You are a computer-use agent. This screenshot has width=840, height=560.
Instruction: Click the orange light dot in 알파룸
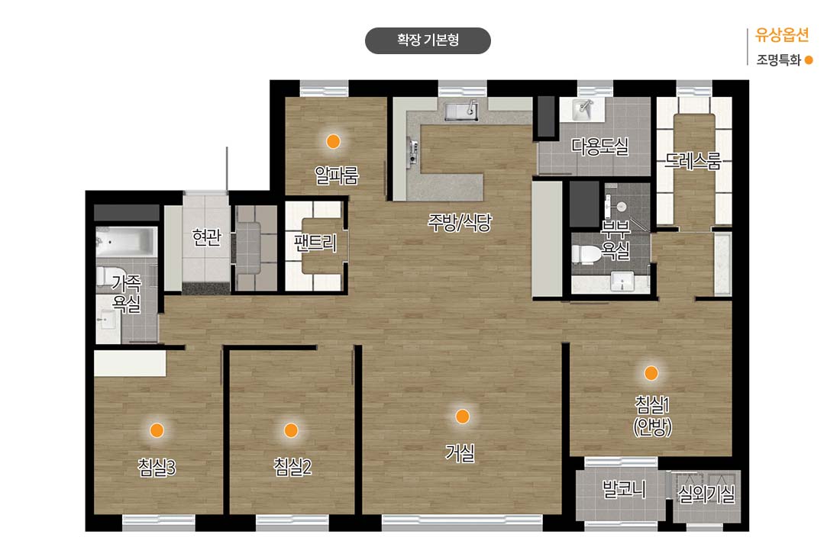click(x=333, y=141)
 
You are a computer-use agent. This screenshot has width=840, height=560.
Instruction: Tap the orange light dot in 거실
click(x=462, y=417)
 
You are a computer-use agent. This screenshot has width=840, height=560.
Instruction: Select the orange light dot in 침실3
click(x=157, y=430)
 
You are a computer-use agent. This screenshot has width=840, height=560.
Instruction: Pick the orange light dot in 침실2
click(x=291, y=430)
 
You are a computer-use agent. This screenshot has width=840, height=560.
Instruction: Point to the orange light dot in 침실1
click(x=651, y=373)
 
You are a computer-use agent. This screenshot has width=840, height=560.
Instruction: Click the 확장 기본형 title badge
click(x=428, y=40)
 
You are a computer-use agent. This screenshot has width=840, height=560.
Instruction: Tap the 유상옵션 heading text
click(x=782, y=35)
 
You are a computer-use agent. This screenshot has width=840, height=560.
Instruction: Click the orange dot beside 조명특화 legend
click(x=809, y=60)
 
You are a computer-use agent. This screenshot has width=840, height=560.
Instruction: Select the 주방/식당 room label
click(x=460, y=223)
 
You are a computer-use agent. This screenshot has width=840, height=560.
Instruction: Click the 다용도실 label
click(x=599, y=146)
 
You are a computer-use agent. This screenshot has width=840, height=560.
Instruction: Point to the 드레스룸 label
click(x=693, y=161)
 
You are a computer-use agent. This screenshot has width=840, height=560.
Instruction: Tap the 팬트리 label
click(x=315, y=243)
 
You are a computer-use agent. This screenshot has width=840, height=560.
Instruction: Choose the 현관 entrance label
click(x=206, y=237)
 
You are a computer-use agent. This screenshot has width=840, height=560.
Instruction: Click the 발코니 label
click(x=624, y=489)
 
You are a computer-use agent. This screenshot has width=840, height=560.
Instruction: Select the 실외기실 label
click(x=706, y=494)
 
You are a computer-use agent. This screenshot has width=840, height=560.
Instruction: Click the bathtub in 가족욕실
click(x=127, y=241)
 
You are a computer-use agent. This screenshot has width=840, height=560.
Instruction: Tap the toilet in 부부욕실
click(x=586, y=254)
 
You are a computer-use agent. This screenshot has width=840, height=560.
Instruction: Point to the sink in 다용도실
click(x=583, y=109)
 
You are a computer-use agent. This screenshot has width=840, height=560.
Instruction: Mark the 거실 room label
click(x=460, y=453)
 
